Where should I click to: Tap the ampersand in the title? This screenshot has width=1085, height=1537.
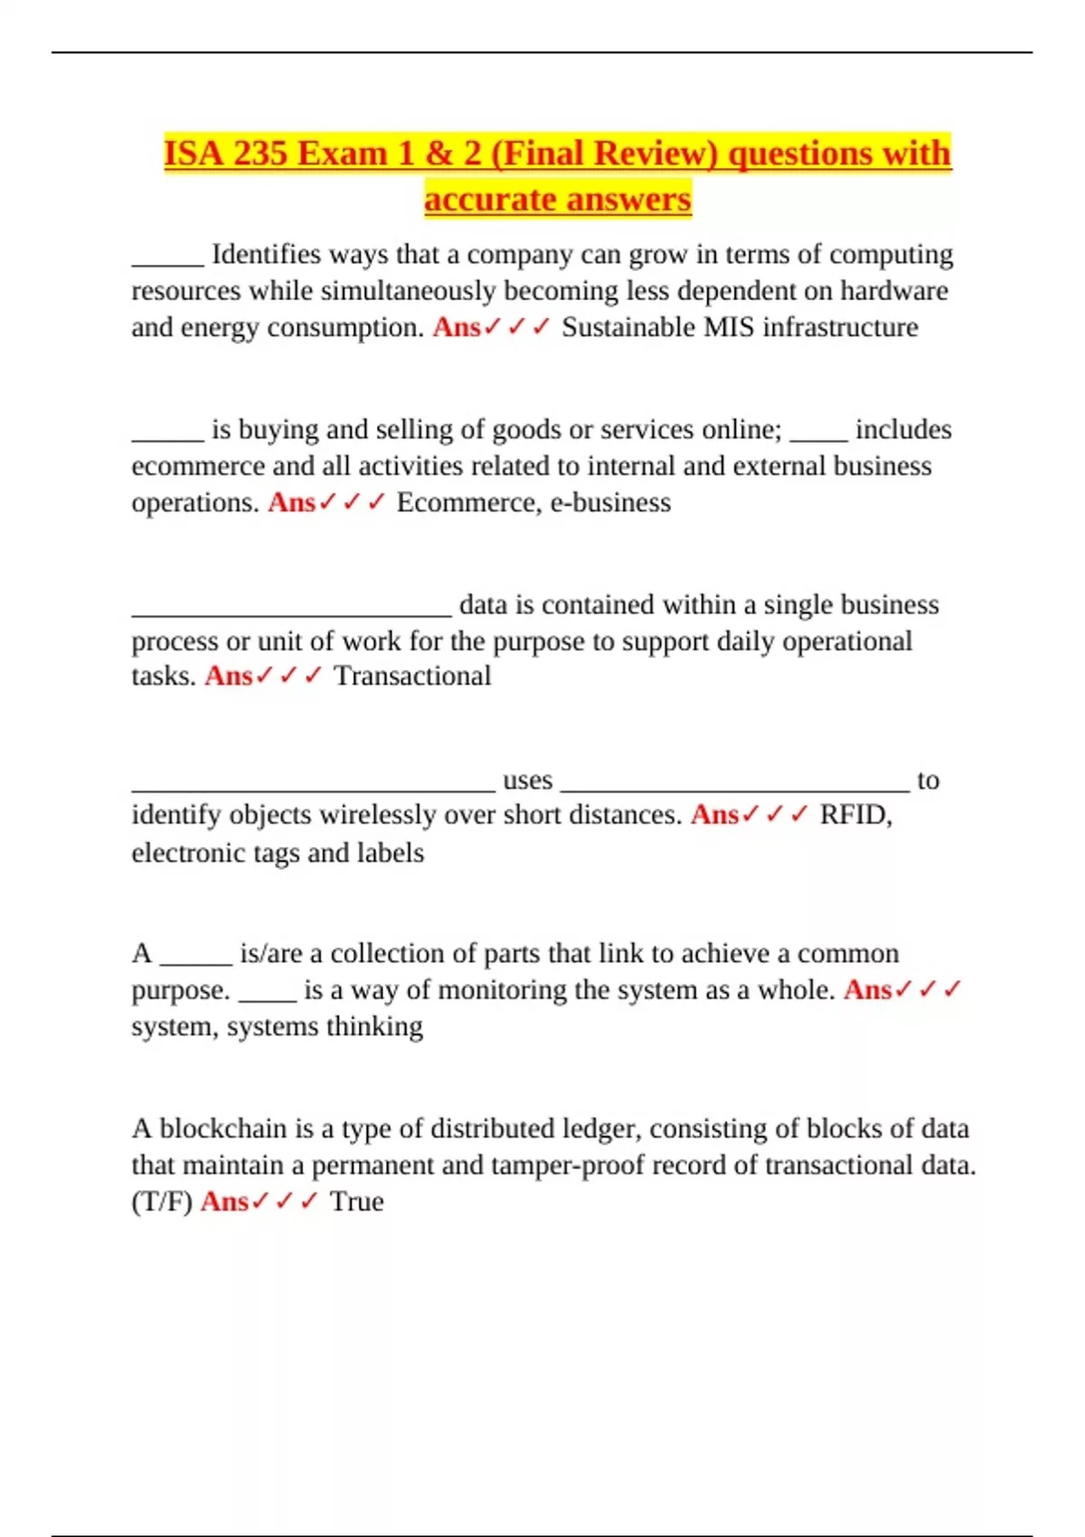(x=439, y=154)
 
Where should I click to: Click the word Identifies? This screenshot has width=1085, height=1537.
(x=266, y=255)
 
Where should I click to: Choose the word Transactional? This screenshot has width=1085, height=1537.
(x=412, y=676)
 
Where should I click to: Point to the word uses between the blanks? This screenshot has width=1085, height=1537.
(x=527, y=780)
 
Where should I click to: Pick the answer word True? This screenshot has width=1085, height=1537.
(x=356, y=1202)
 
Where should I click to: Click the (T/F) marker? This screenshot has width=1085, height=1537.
(x=162, y=1202)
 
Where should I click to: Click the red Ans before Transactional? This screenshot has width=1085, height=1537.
(x=229, y=676)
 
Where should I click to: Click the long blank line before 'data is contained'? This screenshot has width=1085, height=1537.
(x=291, y=613)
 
